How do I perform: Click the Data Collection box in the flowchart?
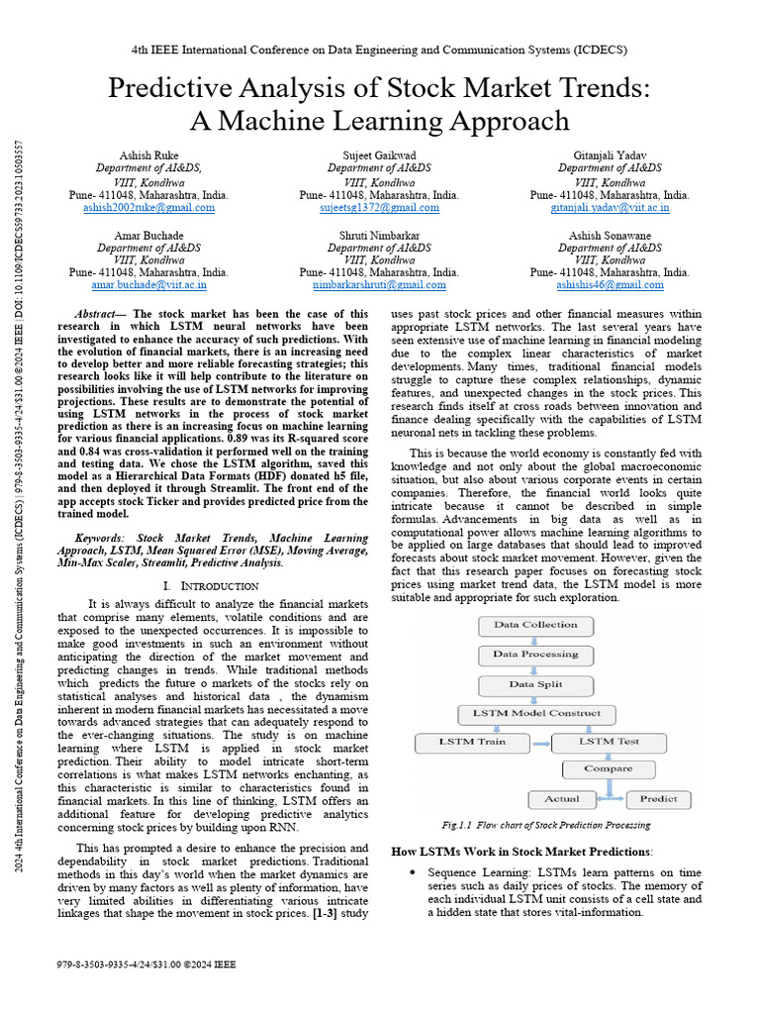click(x=535, y=625)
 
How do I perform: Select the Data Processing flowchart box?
click(x=535, y=655)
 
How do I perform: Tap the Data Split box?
click(x=535, y=684)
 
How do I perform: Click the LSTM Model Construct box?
click(x=535, y=713)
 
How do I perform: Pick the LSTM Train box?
click(x=472, y=742)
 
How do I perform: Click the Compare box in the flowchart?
click(x=608, y=769)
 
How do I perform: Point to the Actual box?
click(x=561, y=798)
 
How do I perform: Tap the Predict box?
click(x=658, y=798)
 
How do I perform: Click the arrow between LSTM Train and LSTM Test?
click(x=540, y=743)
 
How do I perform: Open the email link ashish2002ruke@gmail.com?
click(x=147, y=208)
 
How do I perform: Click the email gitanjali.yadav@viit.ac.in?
click(x=610, y=208)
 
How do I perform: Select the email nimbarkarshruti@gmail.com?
click(x=379, y=284)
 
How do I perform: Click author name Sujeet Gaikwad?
click(x=379, y=155)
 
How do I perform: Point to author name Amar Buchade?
click(x=148, y=234)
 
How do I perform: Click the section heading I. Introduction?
click(x=211, y=586)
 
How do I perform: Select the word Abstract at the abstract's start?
click(x=100, y=312)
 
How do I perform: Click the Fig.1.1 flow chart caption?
click(x=545, y=825)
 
